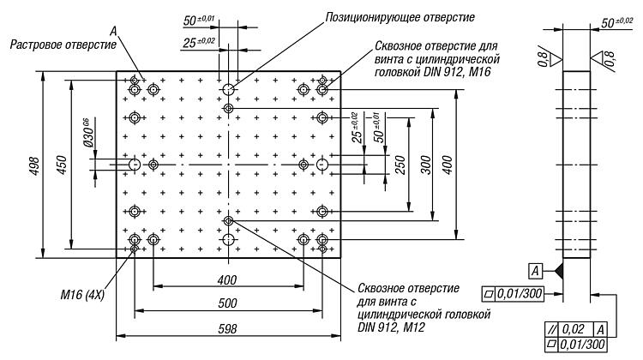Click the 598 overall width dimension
227,329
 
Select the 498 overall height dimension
35,165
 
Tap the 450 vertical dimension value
62,165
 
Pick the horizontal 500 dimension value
227,303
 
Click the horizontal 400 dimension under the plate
227,280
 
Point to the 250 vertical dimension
400,165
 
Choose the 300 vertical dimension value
426,165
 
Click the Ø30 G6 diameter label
87,133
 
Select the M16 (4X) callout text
82,295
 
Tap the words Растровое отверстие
63,45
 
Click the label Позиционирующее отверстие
400,18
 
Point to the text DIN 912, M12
391,327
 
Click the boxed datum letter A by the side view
535,271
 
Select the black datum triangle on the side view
558,271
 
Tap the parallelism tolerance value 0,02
573,329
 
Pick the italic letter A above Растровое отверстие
113,31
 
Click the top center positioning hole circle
228,89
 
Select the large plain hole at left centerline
135,165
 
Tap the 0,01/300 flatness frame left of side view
514,294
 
